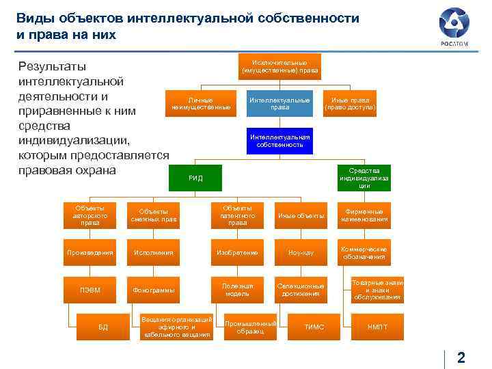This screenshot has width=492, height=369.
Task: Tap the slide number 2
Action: [x=461, y=357]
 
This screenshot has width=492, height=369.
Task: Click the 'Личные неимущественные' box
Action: [x=201, y=103]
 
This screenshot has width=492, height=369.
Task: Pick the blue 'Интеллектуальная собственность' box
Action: [x=279, y=141]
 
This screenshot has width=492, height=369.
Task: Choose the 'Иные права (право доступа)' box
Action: [x=350, y=103]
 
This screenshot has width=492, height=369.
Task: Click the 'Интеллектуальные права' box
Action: [x=279, y=103]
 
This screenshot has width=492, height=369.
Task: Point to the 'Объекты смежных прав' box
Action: [x=153, y=215]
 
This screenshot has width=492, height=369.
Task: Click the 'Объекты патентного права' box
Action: [x=237, y=215]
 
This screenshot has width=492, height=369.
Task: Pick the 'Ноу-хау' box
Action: [x=301, y=253]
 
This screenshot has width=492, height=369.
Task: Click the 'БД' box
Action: [x=103, y=327]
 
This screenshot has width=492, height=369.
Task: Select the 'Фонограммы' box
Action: [x=153, y=290]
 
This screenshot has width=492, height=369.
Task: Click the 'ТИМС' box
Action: [x=314, y=327]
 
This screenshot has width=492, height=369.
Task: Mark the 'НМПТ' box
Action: [x=377, y=327]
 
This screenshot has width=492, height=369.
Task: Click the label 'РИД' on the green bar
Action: [x=195, y=178]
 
